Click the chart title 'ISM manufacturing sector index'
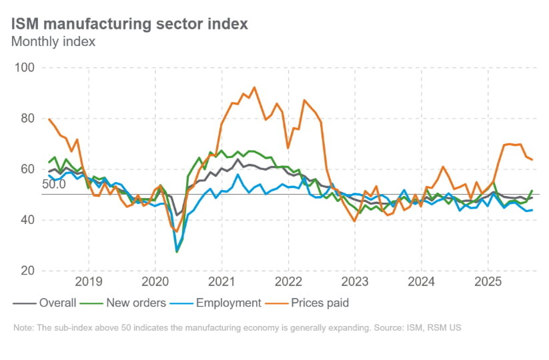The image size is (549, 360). point(129,24)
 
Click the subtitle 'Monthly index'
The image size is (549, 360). point(53,42)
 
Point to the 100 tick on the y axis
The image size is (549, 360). point(25,68)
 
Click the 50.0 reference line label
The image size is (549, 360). point(53,185)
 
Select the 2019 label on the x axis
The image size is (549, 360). point(89,280)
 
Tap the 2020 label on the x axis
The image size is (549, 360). point(155,280)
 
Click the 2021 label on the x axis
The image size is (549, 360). point(221,280)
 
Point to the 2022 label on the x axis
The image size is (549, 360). point(288,280)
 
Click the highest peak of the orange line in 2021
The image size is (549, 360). point(254,87)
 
